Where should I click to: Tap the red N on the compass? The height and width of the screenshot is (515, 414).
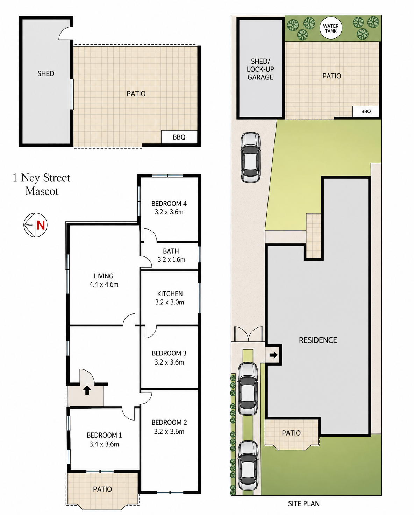coord(41,225)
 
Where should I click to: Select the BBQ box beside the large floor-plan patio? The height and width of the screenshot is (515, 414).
coord(179,137)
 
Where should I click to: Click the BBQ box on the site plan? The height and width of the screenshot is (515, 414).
coord(366,111)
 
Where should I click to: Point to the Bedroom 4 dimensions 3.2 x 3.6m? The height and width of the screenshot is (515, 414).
coord(169,212)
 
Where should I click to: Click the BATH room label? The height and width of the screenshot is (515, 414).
coord(171,251)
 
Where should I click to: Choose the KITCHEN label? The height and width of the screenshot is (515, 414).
coord(170,294)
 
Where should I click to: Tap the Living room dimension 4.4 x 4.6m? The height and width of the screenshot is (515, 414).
coord(104,284)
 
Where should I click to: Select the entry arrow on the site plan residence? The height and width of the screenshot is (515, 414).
coord(273,355)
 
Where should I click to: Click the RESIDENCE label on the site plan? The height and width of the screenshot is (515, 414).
coord(318,340)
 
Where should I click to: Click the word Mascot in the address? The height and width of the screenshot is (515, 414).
coord(42,191)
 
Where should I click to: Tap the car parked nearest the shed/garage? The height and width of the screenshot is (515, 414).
coord(250,157)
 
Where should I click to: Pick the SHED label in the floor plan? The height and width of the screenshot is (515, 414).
coord(46,73)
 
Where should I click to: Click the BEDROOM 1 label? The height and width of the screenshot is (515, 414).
coord(104,435)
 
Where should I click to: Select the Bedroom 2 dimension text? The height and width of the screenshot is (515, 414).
coord(169,431)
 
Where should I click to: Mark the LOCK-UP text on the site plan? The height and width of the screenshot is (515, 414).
coord(260,69)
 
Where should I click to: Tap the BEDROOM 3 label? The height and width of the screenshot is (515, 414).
coord(169,353)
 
